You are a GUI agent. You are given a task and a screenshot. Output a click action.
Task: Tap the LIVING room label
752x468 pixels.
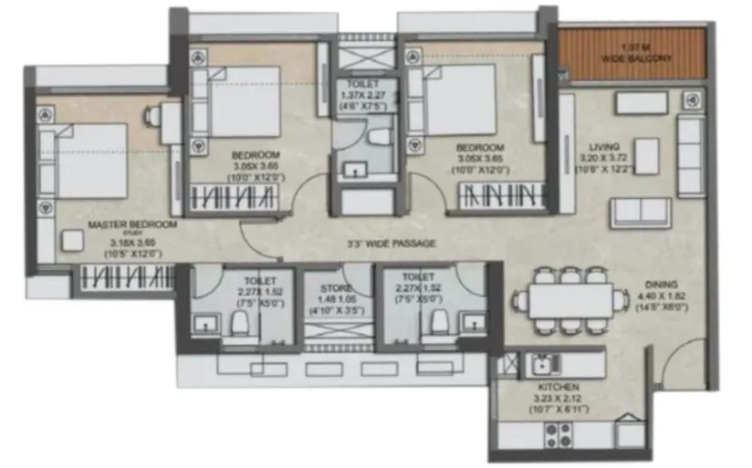pos(604,146)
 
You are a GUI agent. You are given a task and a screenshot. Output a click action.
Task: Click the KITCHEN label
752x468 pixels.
pos(559,387)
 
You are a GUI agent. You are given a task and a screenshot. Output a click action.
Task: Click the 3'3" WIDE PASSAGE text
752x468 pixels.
pos(391,244)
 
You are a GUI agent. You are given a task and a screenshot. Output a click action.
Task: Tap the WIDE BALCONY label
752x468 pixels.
pos(636,58)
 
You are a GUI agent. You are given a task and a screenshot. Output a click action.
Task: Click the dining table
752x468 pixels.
pos(570,299)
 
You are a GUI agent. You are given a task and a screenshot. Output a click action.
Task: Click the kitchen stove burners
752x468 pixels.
pos(559,435)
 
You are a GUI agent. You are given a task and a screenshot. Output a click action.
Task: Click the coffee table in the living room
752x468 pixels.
pos(646,156)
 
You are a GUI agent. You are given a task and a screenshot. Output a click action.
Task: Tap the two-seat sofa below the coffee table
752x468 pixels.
pos(641,212)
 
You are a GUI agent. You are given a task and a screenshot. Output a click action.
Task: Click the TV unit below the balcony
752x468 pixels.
pos(641,102)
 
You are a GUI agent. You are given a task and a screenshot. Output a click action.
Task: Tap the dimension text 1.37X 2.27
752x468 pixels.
pos(362,94)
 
